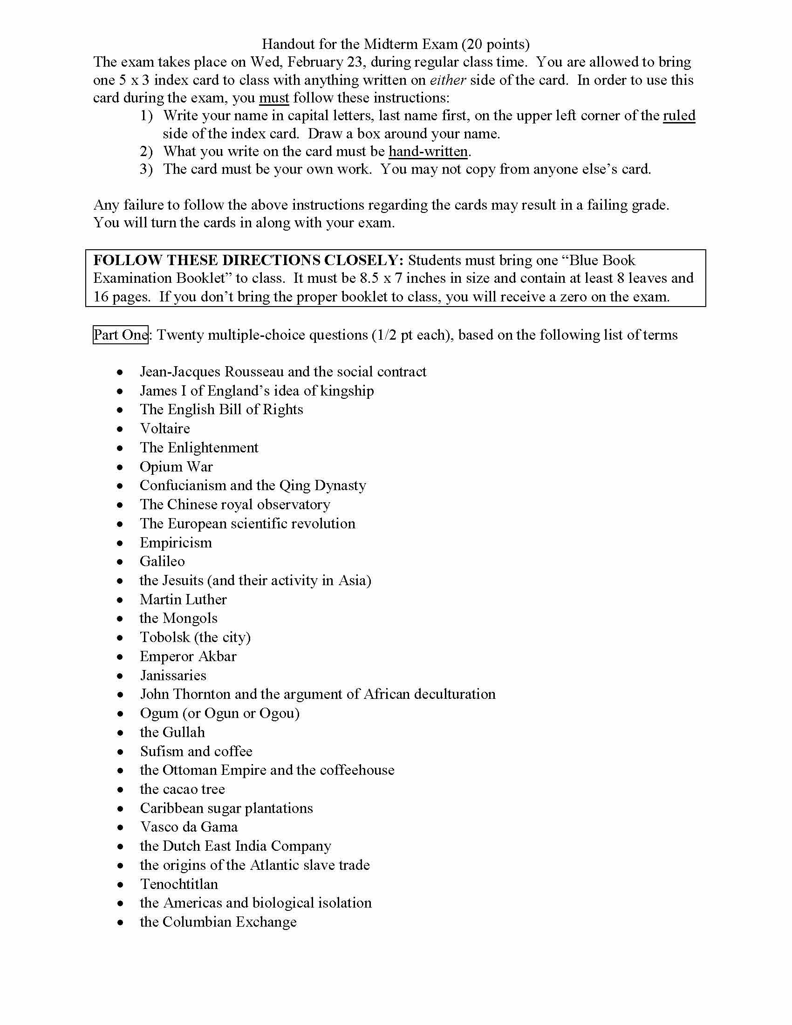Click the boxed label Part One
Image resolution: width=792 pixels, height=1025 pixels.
[x=121, y=335]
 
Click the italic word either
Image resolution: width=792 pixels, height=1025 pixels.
[x=448, y=80]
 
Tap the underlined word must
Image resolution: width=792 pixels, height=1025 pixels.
[x=274, y=98]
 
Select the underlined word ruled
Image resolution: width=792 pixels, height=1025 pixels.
[x=679, y=116]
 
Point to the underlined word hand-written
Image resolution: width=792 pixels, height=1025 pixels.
[x=428, y=151]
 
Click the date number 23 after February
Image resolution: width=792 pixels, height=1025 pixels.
[x=355, y=62]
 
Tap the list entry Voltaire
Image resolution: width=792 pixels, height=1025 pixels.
[x=164, y=428]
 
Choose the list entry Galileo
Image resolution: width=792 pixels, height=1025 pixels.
[x=162, y=561]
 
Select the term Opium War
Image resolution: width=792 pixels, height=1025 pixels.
[x=176, y=466]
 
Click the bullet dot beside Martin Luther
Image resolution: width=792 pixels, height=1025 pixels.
[x=121, y=600]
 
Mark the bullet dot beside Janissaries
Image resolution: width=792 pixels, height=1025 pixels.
[x=121, y=676]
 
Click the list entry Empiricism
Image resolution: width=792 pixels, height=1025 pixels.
[x=176, y=542]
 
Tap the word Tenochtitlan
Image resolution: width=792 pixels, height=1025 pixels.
[x=179, y=884]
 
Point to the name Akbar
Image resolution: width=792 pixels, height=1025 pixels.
[x=218, y=656]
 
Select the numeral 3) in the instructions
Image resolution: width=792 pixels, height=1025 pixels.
[x=146, y=169]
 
